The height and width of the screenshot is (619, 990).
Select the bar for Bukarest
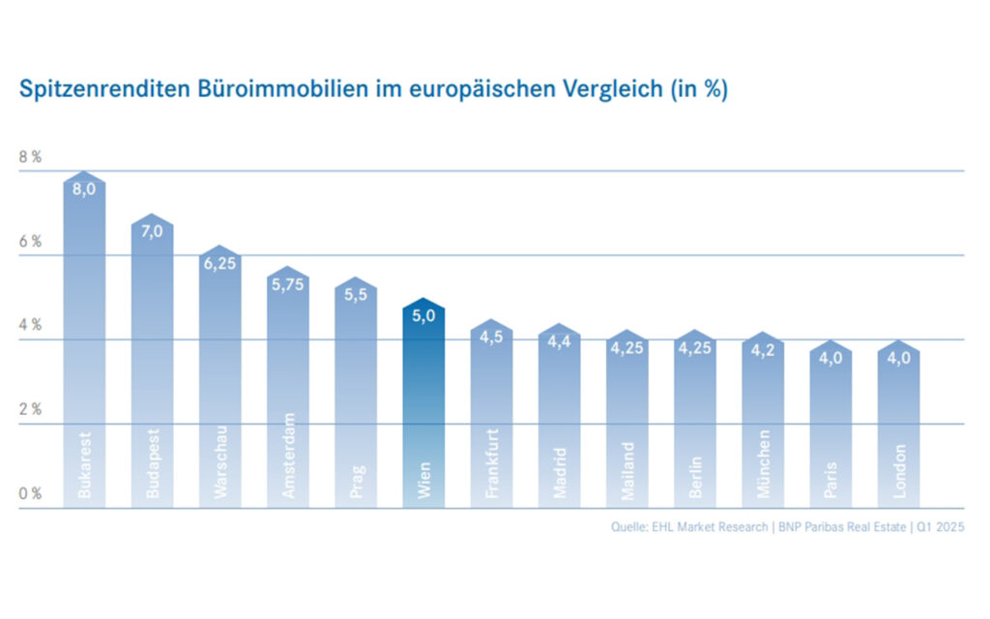tap(84, 339)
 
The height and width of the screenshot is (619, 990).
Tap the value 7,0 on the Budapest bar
tap(153, 231)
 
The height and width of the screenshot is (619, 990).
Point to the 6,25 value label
tap(220, 263)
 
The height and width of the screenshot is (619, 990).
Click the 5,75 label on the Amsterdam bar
tap(288, 284)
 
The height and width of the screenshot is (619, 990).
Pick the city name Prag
tap(356, 482)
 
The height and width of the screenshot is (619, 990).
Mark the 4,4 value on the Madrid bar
tap(560, 340)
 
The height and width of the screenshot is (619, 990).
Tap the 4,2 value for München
tap(764, 349)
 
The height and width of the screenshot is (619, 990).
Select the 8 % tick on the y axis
tap(30, 157)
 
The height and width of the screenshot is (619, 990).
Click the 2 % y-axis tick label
tap(30, 409)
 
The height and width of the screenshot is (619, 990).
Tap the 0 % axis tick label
tap(30, 493)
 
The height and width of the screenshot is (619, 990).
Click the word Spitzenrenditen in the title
tap(90, 91)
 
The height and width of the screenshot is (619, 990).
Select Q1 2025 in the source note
tap(940, 527)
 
